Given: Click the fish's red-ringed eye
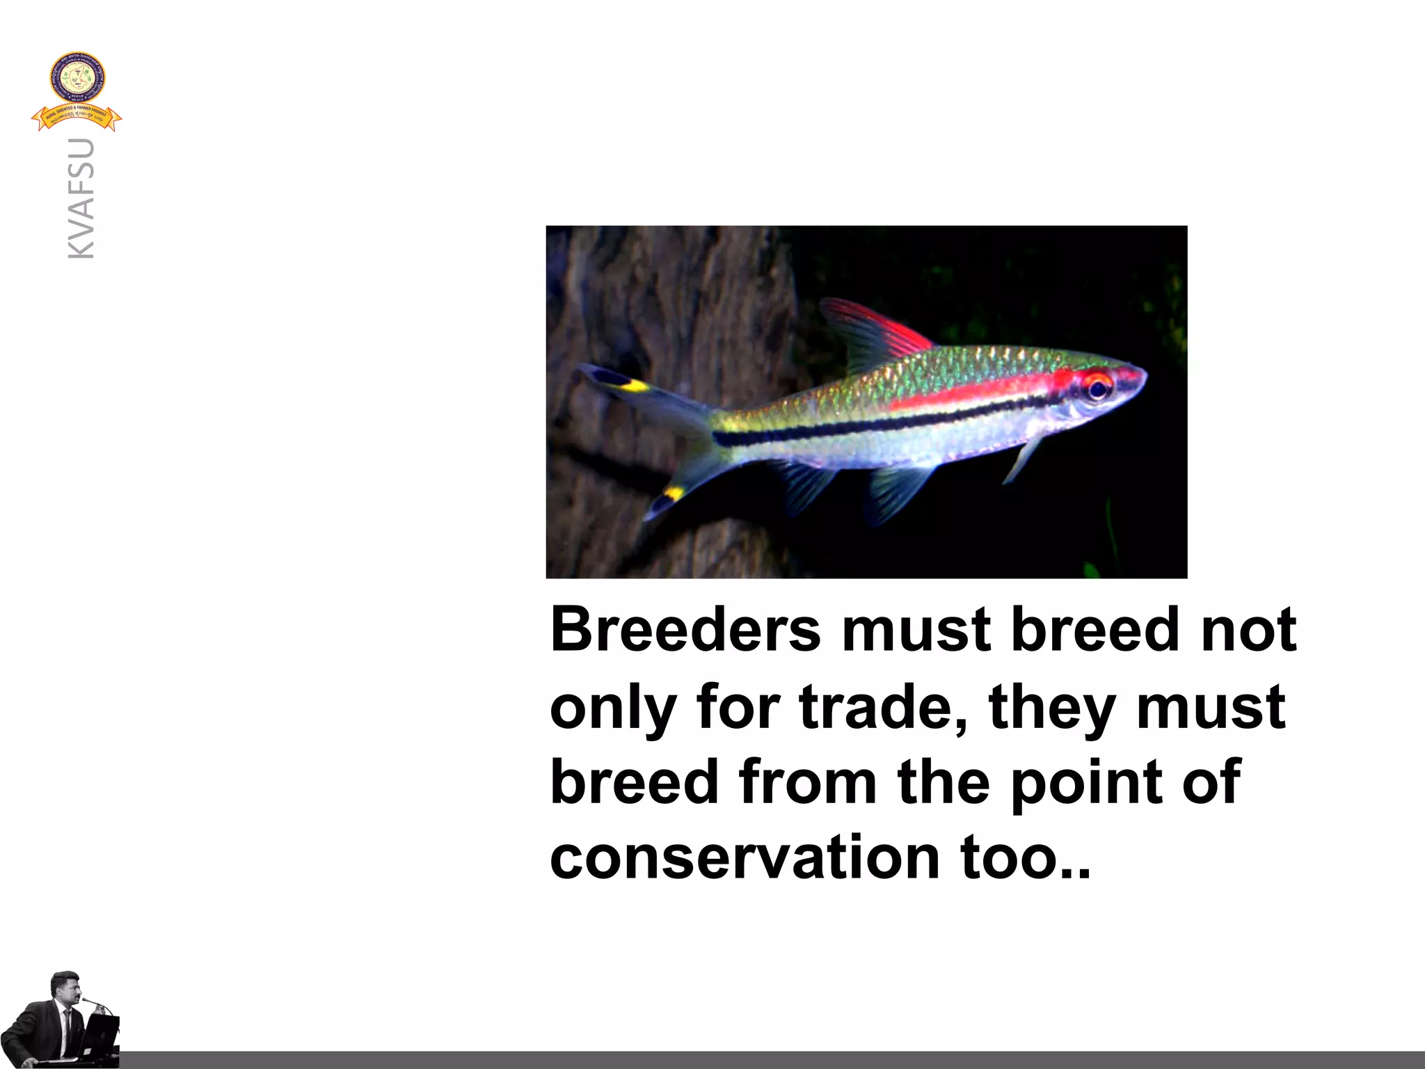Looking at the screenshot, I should tap(1097, 387).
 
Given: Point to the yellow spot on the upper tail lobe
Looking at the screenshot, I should tap(634, 385).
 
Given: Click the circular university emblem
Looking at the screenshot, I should tap(77, 78).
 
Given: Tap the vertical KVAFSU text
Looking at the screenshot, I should tap(81, 199).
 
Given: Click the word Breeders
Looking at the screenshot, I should tap(685, 629).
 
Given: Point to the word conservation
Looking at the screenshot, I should tap(745, 857).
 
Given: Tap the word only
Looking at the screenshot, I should tap(612, 708).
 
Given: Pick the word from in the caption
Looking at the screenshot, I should tap(807, 782).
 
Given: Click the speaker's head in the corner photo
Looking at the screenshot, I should tap(66, 986).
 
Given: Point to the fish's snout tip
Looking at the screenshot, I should tap(1145, 377).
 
